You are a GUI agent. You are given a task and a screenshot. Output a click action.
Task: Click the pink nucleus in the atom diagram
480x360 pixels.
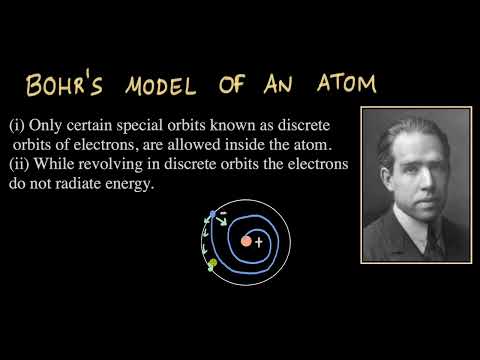click(245, 241)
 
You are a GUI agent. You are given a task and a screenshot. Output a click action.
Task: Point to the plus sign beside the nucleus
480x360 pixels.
click(258, 241)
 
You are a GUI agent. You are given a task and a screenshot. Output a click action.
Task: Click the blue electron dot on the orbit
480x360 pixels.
click(212, 214)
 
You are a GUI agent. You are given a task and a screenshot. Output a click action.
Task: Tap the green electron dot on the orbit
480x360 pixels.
click(212, 263)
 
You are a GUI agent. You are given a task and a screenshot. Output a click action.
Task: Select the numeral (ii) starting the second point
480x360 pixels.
click(17, 165)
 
